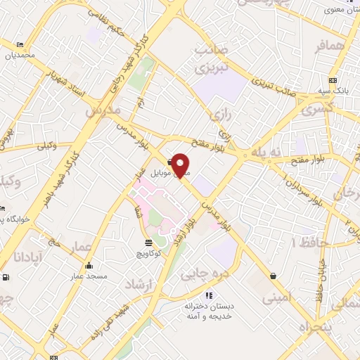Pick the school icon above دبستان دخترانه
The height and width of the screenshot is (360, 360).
coord(208,295)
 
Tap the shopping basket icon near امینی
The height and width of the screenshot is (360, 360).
coord(272,276)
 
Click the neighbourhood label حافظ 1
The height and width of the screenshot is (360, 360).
coord(304,242)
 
